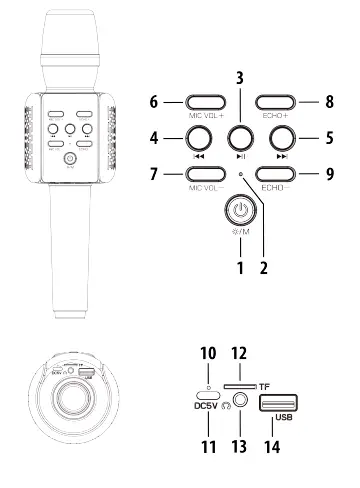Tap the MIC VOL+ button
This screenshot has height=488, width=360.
(205, 102)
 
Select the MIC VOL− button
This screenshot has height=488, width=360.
(205, 172)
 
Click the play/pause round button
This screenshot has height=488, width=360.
(239, 136)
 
